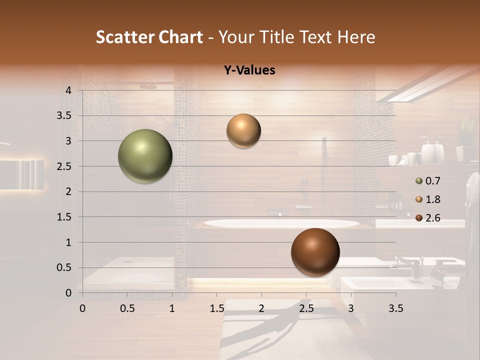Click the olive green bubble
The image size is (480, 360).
145,156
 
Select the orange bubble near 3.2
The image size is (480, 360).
243,130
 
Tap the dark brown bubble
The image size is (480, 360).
315,252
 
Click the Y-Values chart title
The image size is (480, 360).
249,70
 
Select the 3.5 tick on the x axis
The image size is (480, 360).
396,308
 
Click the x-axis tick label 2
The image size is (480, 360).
261,308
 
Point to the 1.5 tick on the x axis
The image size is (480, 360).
216,308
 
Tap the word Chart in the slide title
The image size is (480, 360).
181,37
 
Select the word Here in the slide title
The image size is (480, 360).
356,37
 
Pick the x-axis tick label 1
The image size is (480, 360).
172,308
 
